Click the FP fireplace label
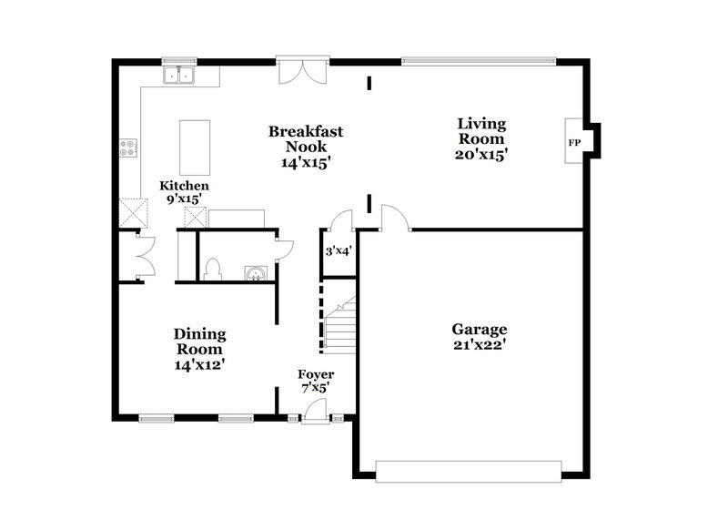(x=574, y=143)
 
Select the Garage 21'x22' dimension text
(x=479, y=345)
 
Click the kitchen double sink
(x=180, y=75)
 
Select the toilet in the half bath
(x=213, y=269)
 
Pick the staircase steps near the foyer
(x=339, y=327)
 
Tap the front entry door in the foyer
(x=315, y=411)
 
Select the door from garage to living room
(x=395, y=219)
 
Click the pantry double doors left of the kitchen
(x=141, y=258)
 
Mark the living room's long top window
(x=477, y=63)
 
